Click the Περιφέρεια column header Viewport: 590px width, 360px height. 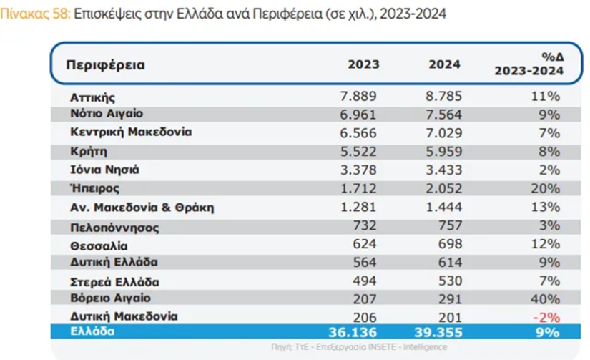[x=105, y=65]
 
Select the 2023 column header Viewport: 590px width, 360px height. [x=363, y=64]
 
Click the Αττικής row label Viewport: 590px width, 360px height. [x=92, y=96]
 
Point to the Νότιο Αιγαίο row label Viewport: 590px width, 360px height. [x=107, y=114]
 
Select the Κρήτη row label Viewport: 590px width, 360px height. [x=88, y=152]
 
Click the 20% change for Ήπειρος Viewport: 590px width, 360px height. [x=545, y=188]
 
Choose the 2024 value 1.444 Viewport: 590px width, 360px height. [x=445, y=208]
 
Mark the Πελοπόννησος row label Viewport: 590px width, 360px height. [x=114, y=227]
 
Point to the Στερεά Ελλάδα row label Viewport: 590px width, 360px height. [x=114, y=281]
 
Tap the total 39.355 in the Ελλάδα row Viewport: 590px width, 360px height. [x=438, y=332]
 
